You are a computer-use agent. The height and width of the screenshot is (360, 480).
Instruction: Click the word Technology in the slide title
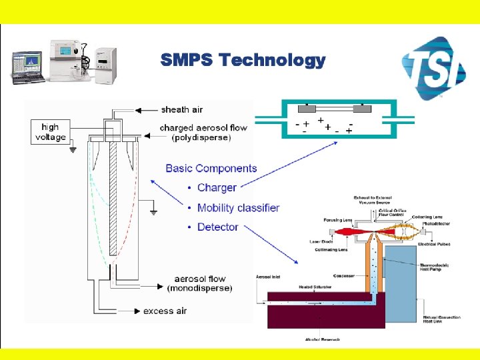(273, 61)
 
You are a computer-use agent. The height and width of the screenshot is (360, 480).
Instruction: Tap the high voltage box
(51, 132)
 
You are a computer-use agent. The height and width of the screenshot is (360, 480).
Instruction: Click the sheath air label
(182, 109)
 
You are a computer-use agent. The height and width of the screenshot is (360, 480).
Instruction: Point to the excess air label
(165, 311)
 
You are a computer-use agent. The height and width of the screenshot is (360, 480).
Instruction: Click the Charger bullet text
(217, 188)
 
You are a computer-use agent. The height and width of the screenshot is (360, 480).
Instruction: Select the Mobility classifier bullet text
(238, 207)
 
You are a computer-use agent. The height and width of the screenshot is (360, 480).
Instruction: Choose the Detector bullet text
(217, 227)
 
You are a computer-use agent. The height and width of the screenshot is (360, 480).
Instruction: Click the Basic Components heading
(211, 169)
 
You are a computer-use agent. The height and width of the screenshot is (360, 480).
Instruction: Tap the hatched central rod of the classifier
(113, 200)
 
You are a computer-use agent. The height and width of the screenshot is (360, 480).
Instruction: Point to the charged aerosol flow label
(195, 127)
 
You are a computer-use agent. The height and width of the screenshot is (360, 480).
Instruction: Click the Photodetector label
(437, 224)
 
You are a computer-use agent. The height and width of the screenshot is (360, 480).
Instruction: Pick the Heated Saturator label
(297, 287)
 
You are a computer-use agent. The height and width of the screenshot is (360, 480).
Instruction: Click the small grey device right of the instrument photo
(106, 64)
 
